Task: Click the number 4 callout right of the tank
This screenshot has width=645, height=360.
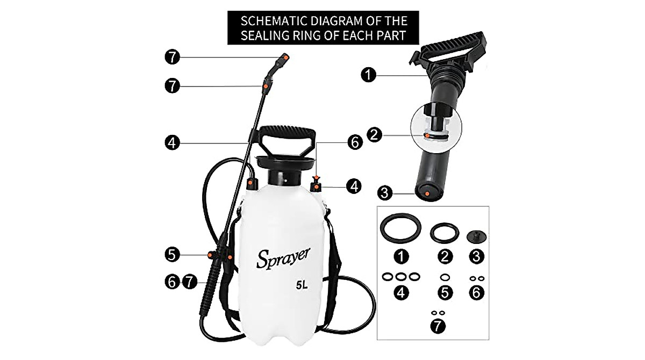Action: (353, 186)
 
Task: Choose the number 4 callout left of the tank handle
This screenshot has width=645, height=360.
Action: (171, 142)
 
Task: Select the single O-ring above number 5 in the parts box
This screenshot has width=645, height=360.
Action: (445, 277)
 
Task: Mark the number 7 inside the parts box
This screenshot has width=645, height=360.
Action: (439, 325)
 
